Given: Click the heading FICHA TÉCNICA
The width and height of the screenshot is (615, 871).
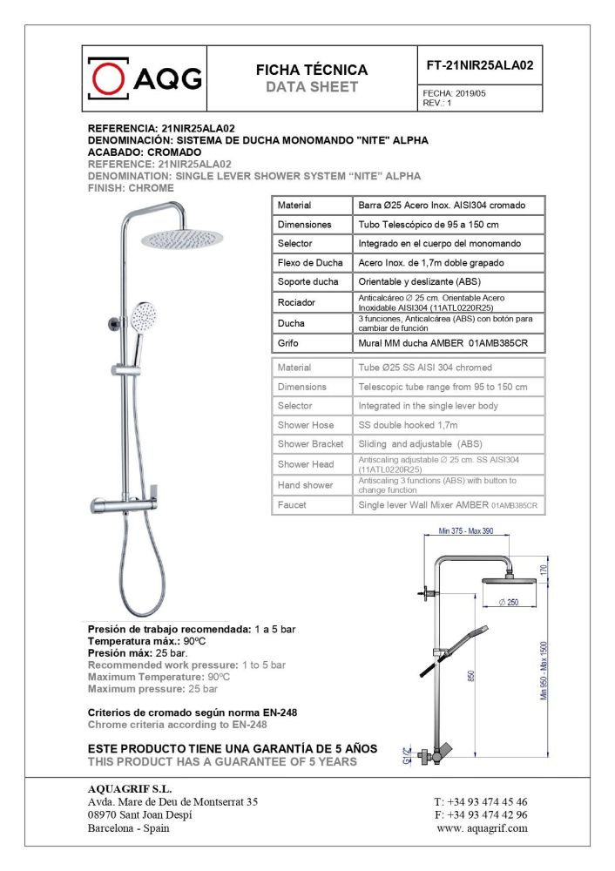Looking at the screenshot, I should pyautogui.click(x=312, y=70).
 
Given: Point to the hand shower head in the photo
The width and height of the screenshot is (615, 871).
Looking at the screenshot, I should pyautogui.click(x=144, y=314).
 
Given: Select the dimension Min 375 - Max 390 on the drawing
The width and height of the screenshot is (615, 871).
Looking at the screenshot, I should pyautogui.click(x=465, y=530).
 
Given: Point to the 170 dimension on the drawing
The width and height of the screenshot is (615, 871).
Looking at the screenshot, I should pyautogui.click(x=544, y=571).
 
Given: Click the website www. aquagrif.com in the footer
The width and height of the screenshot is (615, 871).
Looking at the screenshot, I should pyautogui.click(x=482, y=828).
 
